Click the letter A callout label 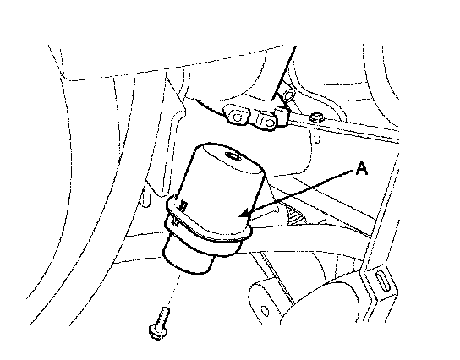click(x=362, y=168)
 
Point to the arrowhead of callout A click(x=244, y=214)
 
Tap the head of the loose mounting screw click(x=158, y=332)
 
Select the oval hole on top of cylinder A click(x=233, y=155)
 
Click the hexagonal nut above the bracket click(x=288, y=95)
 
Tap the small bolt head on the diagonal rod click(x=316, y=117)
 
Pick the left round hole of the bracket click(x=237, y=117)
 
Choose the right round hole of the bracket click(x=269, y=123)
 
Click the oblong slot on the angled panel click(x=382, y=281)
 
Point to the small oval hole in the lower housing click(x=265, y=311)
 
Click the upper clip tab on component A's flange click(x=183, y=205)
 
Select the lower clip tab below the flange click(x=176, y=222)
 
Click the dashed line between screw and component click(x=173, y=289)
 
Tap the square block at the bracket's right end click(x=282, y=116)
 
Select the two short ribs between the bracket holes click(x=259, y=120)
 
